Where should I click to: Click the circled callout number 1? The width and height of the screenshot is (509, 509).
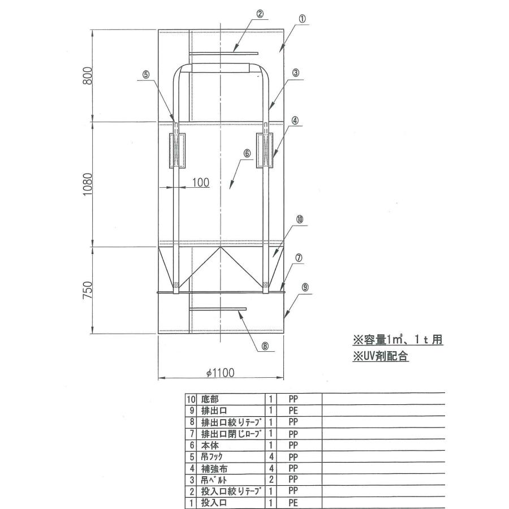click(303, 19)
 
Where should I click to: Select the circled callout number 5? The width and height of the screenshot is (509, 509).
click(146, 74)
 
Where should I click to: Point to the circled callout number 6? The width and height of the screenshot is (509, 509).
click(247, 153)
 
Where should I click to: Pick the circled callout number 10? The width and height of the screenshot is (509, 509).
click(300, 218)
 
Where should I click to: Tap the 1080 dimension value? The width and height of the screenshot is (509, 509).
click(88, 184)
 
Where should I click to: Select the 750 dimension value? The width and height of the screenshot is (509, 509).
click(88, 290)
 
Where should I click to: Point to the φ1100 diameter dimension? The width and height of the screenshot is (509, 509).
click(220, 373)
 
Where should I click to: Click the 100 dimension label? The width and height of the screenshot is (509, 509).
click(201, 182)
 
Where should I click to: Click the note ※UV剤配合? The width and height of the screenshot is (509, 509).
click(381, 357)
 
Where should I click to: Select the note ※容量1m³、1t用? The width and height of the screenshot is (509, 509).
click(398, 340)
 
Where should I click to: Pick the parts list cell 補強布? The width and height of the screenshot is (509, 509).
click(213, 468)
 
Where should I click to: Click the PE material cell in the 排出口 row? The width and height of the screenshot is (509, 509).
click(293, 411)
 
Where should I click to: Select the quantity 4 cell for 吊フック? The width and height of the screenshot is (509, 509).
click(271, 456)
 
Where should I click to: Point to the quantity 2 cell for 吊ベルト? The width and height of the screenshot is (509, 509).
click(271, 480)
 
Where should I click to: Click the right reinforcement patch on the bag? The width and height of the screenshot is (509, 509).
click(265, 150)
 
